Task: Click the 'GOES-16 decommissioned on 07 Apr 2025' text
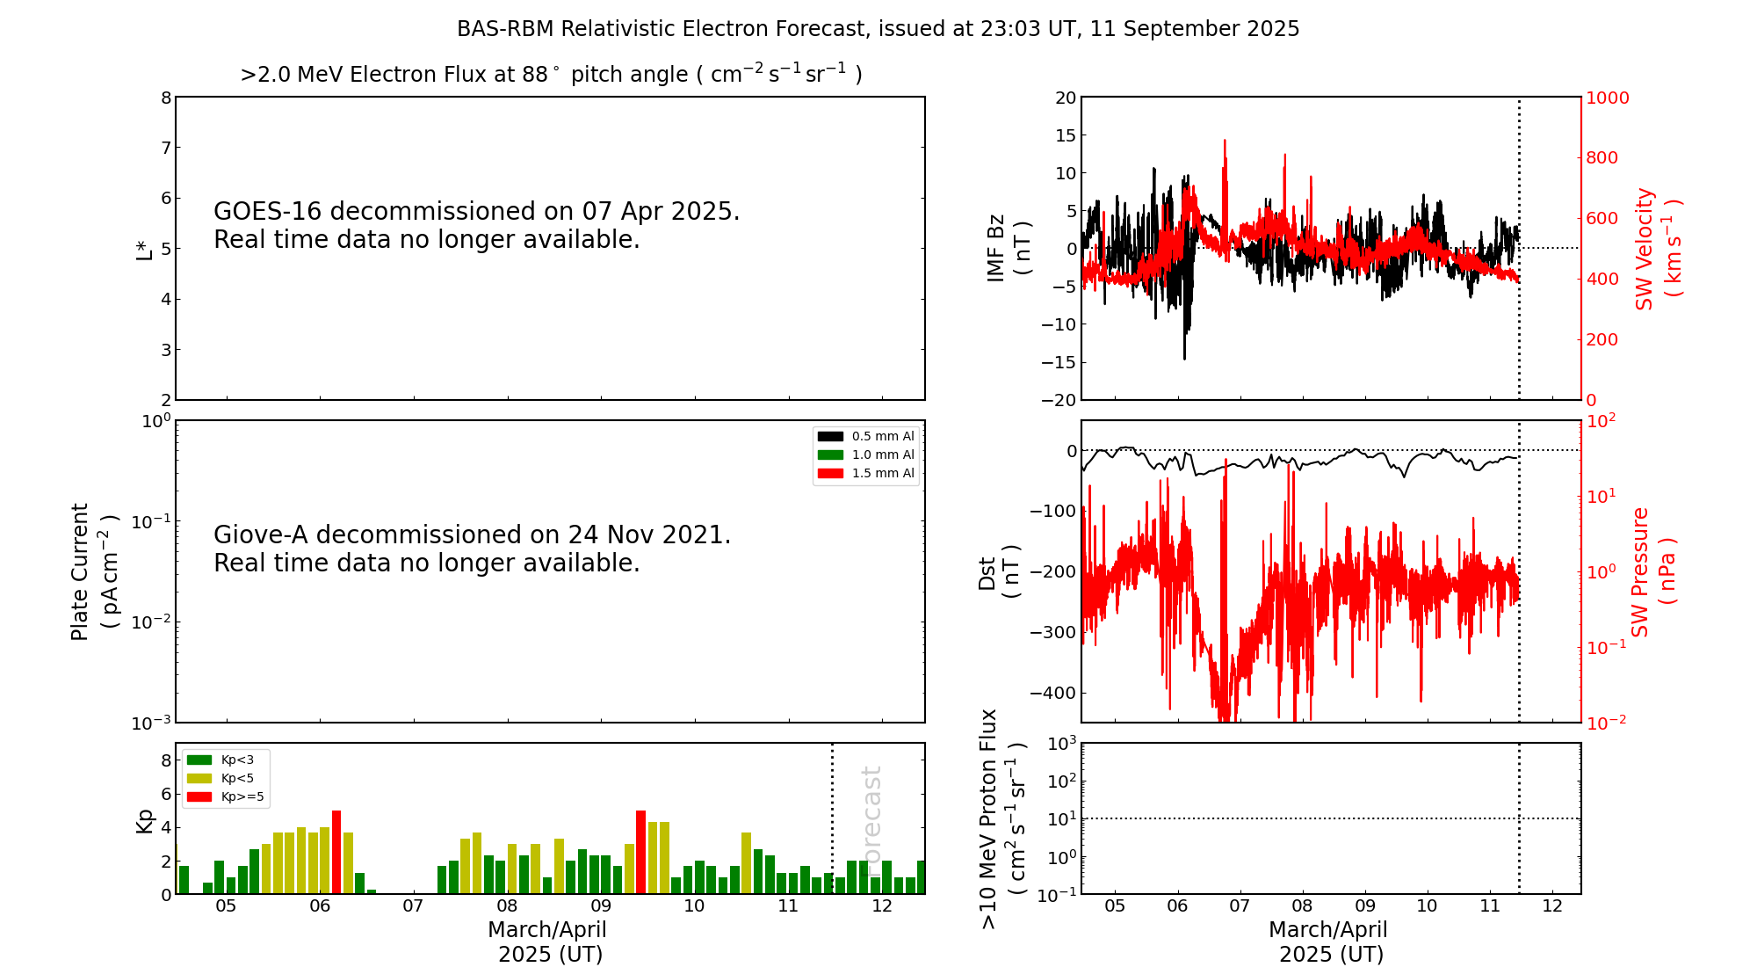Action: point(476,212)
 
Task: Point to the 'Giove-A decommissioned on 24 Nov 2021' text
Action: point(472,535)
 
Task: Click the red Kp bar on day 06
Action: point(336,851)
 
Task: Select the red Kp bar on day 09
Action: point(640,851)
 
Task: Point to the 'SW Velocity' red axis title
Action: point(1645,249)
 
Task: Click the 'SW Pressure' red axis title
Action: point(1641,571)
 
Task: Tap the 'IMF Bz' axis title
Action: point(996,249)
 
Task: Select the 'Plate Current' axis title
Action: point(80,571)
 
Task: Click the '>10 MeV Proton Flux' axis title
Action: point(989,818)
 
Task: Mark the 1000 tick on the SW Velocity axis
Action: point(1607,98)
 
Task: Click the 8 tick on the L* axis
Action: point(166,98)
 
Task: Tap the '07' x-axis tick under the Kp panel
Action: point(413,906)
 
